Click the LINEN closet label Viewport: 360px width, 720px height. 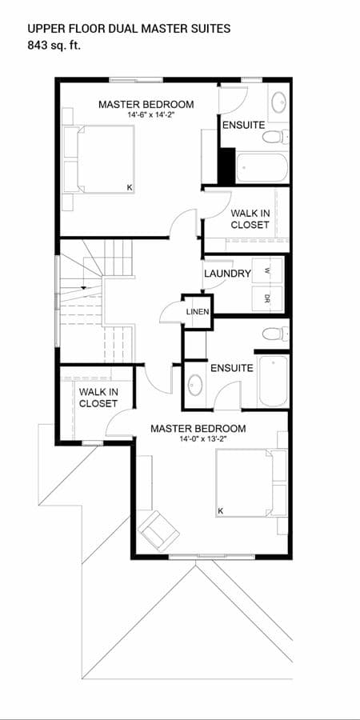[198, 312]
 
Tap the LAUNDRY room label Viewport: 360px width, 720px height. [228, 274]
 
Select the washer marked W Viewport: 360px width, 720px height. [266, 271]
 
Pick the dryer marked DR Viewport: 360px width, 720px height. [266, 299]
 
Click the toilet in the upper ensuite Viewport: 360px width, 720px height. [275, 136]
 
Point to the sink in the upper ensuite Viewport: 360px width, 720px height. [278, 102]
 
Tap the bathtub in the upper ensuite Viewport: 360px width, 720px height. [262, 168]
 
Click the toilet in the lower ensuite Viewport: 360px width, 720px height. [275, 334]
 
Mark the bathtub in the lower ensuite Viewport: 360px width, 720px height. [274, 381]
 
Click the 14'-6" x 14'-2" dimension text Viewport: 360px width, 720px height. [146, 114]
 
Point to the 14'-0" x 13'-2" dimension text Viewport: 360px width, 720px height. [198, 439]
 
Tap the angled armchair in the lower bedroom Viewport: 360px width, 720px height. [159, 531]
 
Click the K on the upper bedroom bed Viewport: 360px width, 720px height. [130, 187]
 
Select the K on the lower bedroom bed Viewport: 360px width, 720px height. [221, 510]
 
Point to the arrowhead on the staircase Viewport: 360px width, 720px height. [83, 288]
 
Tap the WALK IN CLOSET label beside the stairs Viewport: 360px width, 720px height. [98, 398]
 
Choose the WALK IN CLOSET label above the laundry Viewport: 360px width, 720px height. [250, 219]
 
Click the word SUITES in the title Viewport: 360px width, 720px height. [211, 29]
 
